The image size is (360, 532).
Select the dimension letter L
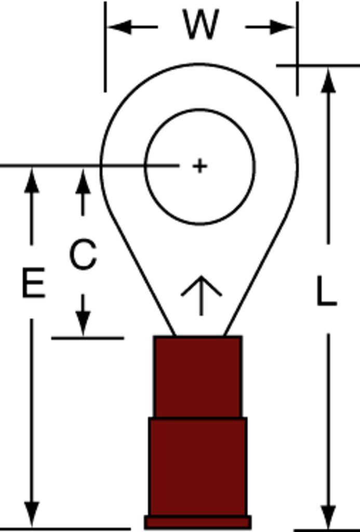click(x=326, y=291)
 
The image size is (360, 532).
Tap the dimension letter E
click(x=33, y=283)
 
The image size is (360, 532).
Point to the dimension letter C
click(x=83, y=255)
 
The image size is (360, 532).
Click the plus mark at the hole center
click(x=199, y=166)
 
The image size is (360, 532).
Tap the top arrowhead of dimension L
click(x=328, y=81)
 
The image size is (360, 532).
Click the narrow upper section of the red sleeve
click(x=197, y=377)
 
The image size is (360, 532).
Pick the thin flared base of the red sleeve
click(x=197, y=522)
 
